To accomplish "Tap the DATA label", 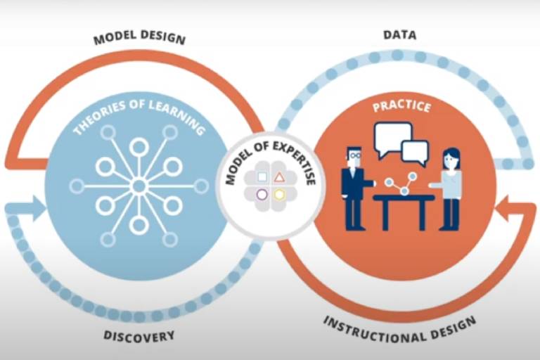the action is [399, 34].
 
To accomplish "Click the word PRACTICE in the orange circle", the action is [401, 109].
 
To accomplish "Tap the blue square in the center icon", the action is [262, 177].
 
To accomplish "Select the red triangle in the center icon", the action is [279, 177].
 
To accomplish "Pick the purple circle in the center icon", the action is [262, 194].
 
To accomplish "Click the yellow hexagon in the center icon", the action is [279, 194].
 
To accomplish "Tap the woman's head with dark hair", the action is [450, 158].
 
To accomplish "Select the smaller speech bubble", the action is [415, 151].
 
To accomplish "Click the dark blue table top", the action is [403, 198].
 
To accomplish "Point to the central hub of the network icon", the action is [139, 186].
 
